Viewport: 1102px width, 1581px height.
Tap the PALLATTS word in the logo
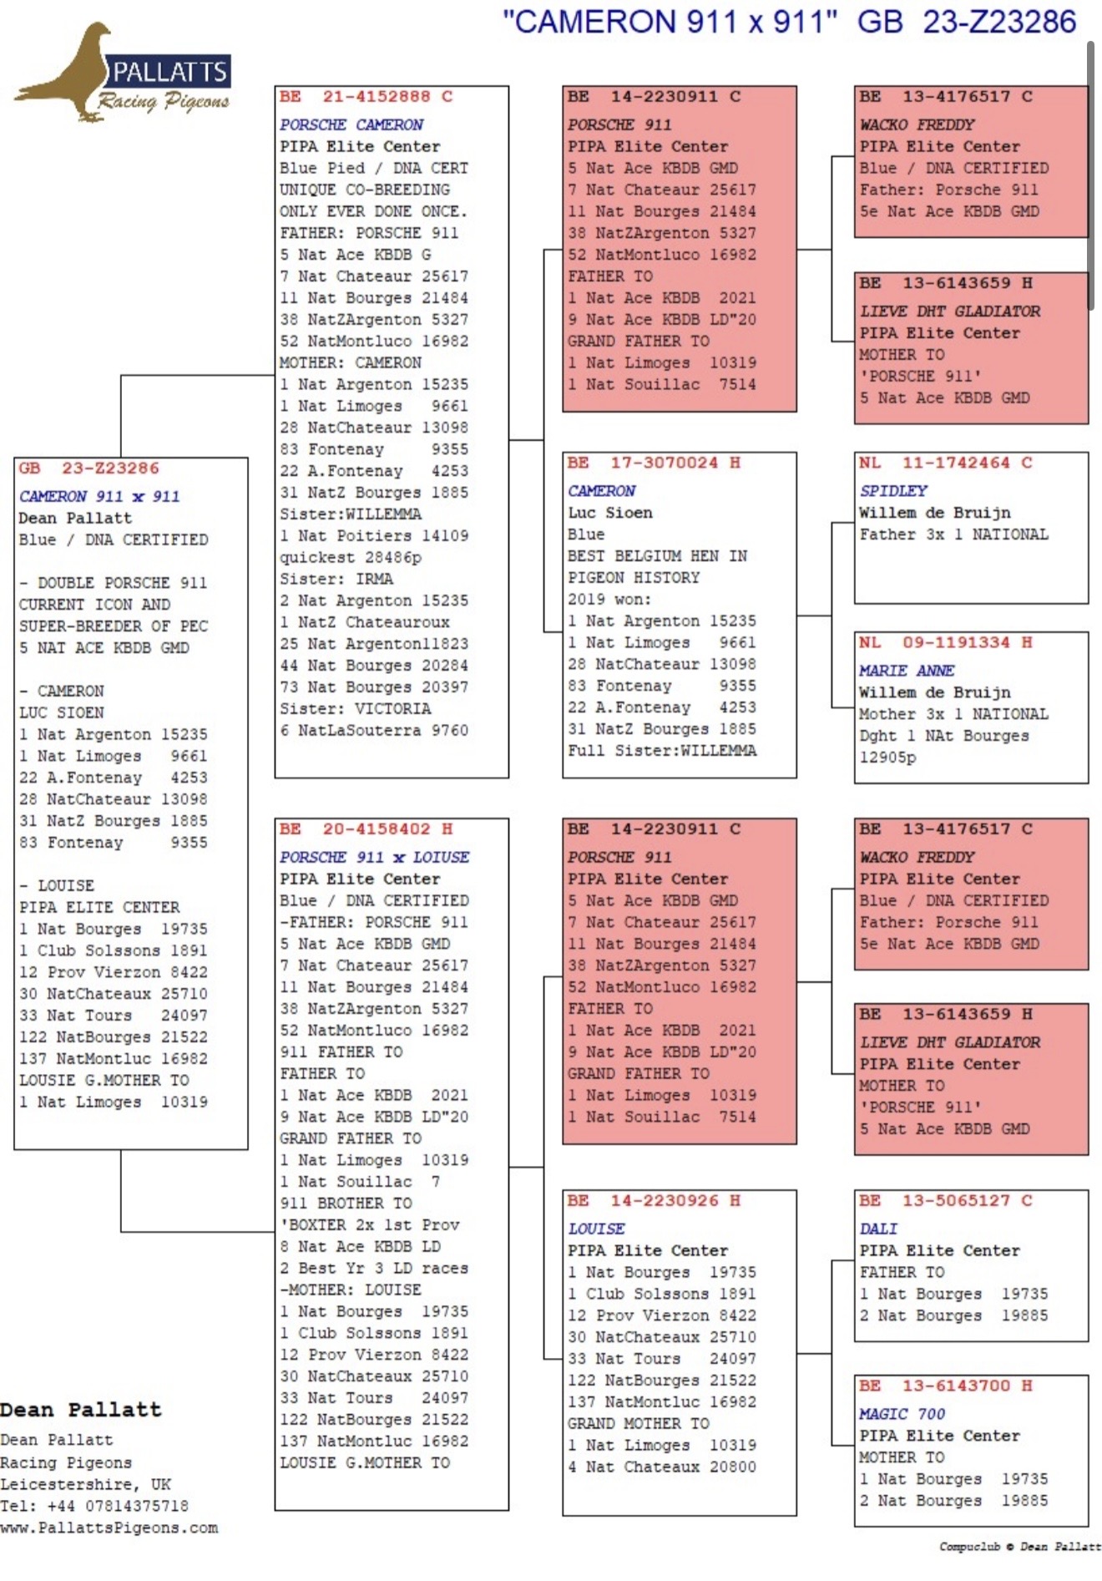pyautogui.click(x=169, y=72)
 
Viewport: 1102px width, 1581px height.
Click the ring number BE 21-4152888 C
pyautogui.click(x=366, y=96)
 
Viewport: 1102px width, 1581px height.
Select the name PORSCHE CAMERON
pyautogui.click(x=351, y=124)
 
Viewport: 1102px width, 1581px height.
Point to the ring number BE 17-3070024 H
pyautogui.click(x=654, y=463)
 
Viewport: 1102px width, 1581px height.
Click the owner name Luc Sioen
pyautogui.click(x=610, y=513)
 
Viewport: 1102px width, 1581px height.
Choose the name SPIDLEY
pyautogui.click(x=893, y=490)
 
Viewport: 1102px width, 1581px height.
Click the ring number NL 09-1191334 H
pyautogui.click(x=946, y=642)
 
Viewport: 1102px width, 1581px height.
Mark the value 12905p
pyautogui.click(x=887, y=758)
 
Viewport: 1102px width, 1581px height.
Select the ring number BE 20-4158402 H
pyautogui.click(x=366, y=829)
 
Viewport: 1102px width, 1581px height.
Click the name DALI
pyautogui.click(x=878, y=1229)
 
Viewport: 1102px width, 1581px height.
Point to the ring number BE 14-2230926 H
pyautogui.click(x=654, y=1200)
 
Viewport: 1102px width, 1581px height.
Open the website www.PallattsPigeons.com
pyautogui.click(x=109, y=1528)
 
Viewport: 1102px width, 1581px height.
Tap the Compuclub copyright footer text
pyautogui.click(x=1019, y=1547)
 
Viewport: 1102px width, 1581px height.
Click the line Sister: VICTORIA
pyautogui.click(x=356, y=708)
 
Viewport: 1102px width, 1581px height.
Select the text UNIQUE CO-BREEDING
pyautogui.click(x=365, y=190)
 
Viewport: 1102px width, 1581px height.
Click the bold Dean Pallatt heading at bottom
pyautogui.click(x=80, y=1410)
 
